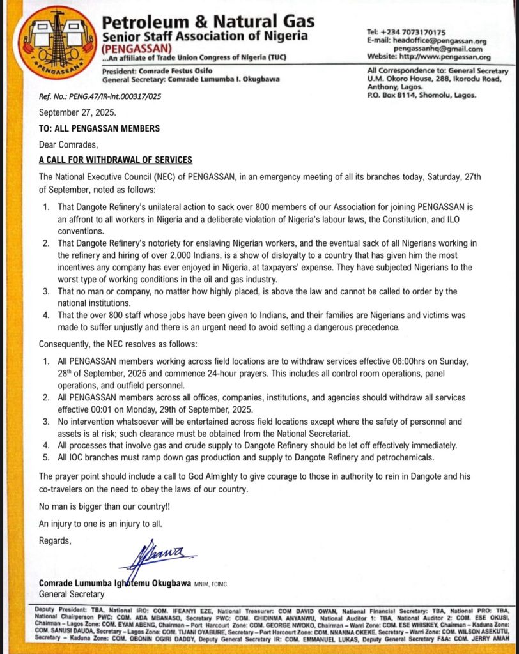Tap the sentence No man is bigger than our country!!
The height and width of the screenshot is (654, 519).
pyautogui.click(x=104, y=508)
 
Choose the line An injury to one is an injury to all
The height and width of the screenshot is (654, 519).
pyautogui.click(x=100, y=524)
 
